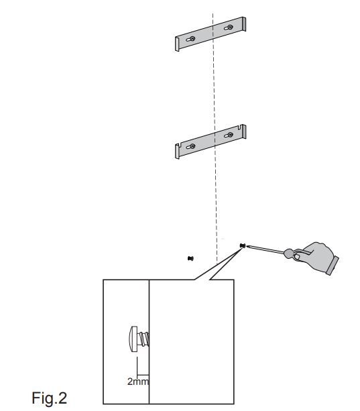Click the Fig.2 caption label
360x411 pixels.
pos(49,398)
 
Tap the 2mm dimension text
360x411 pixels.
pos(138,381)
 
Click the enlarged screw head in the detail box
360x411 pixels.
pos(133,339)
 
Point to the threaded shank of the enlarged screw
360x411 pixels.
pos(143,339)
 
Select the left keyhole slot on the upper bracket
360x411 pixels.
pos(190,39)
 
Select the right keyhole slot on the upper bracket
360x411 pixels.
pos(229,27)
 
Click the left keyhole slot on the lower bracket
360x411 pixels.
pos(190,147)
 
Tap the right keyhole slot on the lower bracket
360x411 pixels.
pos(229,135)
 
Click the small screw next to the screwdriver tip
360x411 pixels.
pos(243,245)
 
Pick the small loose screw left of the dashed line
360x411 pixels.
pos(190,258)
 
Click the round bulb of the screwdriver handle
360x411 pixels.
pos(289,253)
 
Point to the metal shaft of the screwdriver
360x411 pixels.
pos(265,249)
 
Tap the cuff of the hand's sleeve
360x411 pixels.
pos(333,266)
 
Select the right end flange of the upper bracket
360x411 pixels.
pos(244,24)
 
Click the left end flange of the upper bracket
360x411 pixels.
pos(177,44)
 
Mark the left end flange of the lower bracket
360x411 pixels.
pos(177,151)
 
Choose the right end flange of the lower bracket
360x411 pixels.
pos(244,131)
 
